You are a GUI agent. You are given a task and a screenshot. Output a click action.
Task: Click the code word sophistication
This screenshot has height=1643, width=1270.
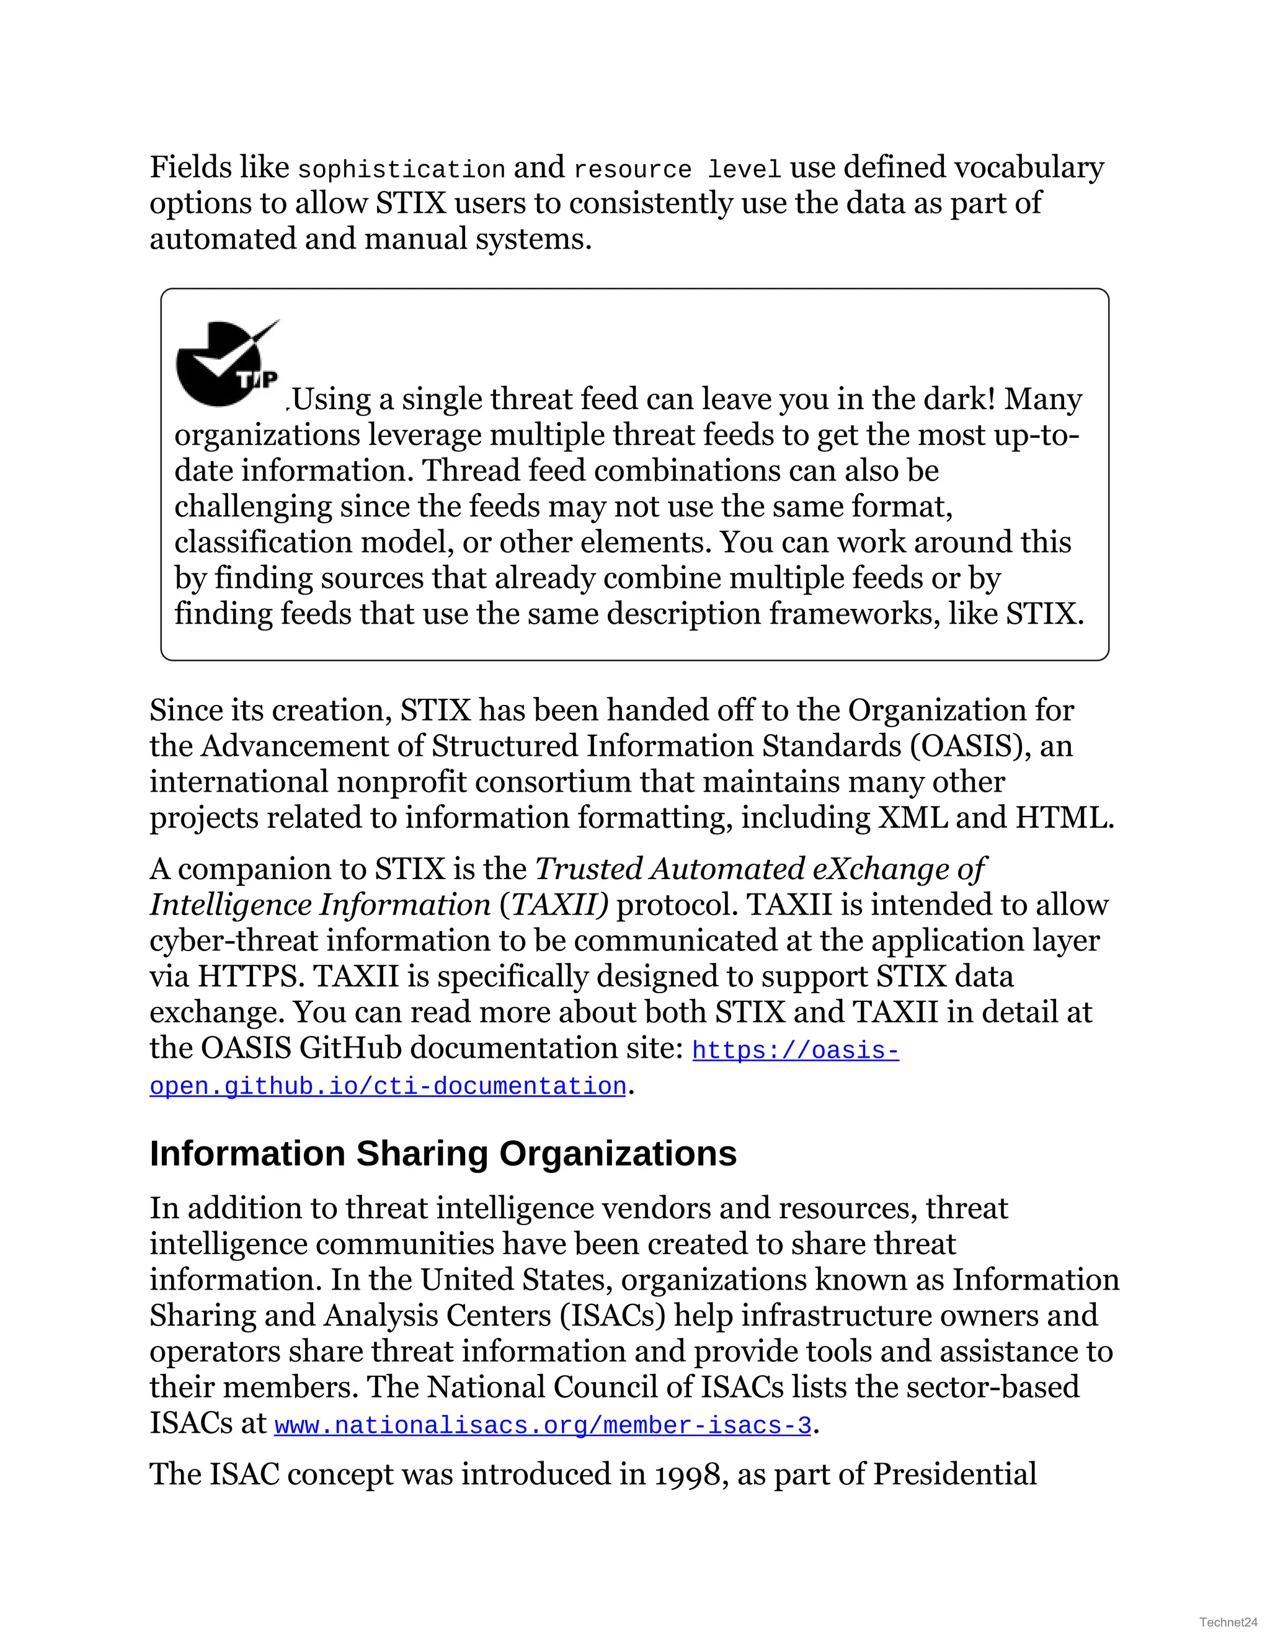click(401, 170)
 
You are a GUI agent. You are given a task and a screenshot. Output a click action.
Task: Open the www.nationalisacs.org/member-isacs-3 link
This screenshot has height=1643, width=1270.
click(543, 1425)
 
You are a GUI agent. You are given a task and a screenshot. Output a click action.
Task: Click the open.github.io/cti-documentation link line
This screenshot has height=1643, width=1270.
click(388, 1086)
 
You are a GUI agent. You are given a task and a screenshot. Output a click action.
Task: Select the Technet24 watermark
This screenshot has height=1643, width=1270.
click(1228, 1622)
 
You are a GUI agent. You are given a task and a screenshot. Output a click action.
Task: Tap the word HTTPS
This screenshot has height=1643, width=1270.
click(251, 976)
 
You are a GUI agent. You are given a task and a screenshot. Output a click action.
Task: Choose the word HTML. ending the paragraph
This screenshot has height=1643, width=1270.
click(1064, 818)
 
